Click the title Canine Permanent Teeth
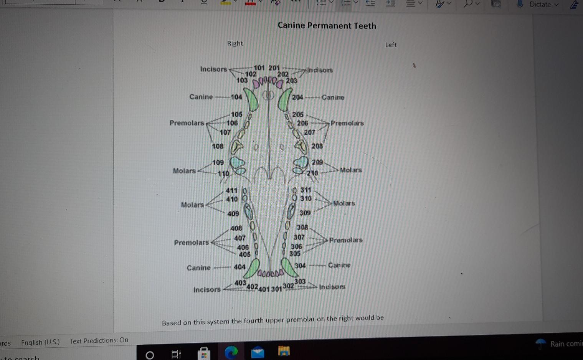click(327, 26)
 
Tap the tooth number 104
click(236, 97)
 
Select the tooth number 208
click(317, 146)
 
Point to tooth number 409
click(233, 213)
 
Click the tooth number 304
click(300, 266)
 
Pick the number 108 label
click(218, 146)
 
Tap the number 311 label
click(306, 190)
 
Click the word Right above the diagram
click(235, 43)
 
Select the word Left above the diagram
click(391, 45)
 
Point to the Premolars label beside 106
click(187, 123)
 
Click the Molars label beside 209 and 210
click(351, 170)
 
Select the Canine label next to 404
click(198, 268)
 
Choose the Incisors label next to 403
click(207, 289)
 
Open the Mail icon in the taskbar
click(258, 352)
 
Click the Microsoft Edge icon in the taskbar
click(231, 352)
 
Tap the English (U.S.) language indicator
click(40, 342)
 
